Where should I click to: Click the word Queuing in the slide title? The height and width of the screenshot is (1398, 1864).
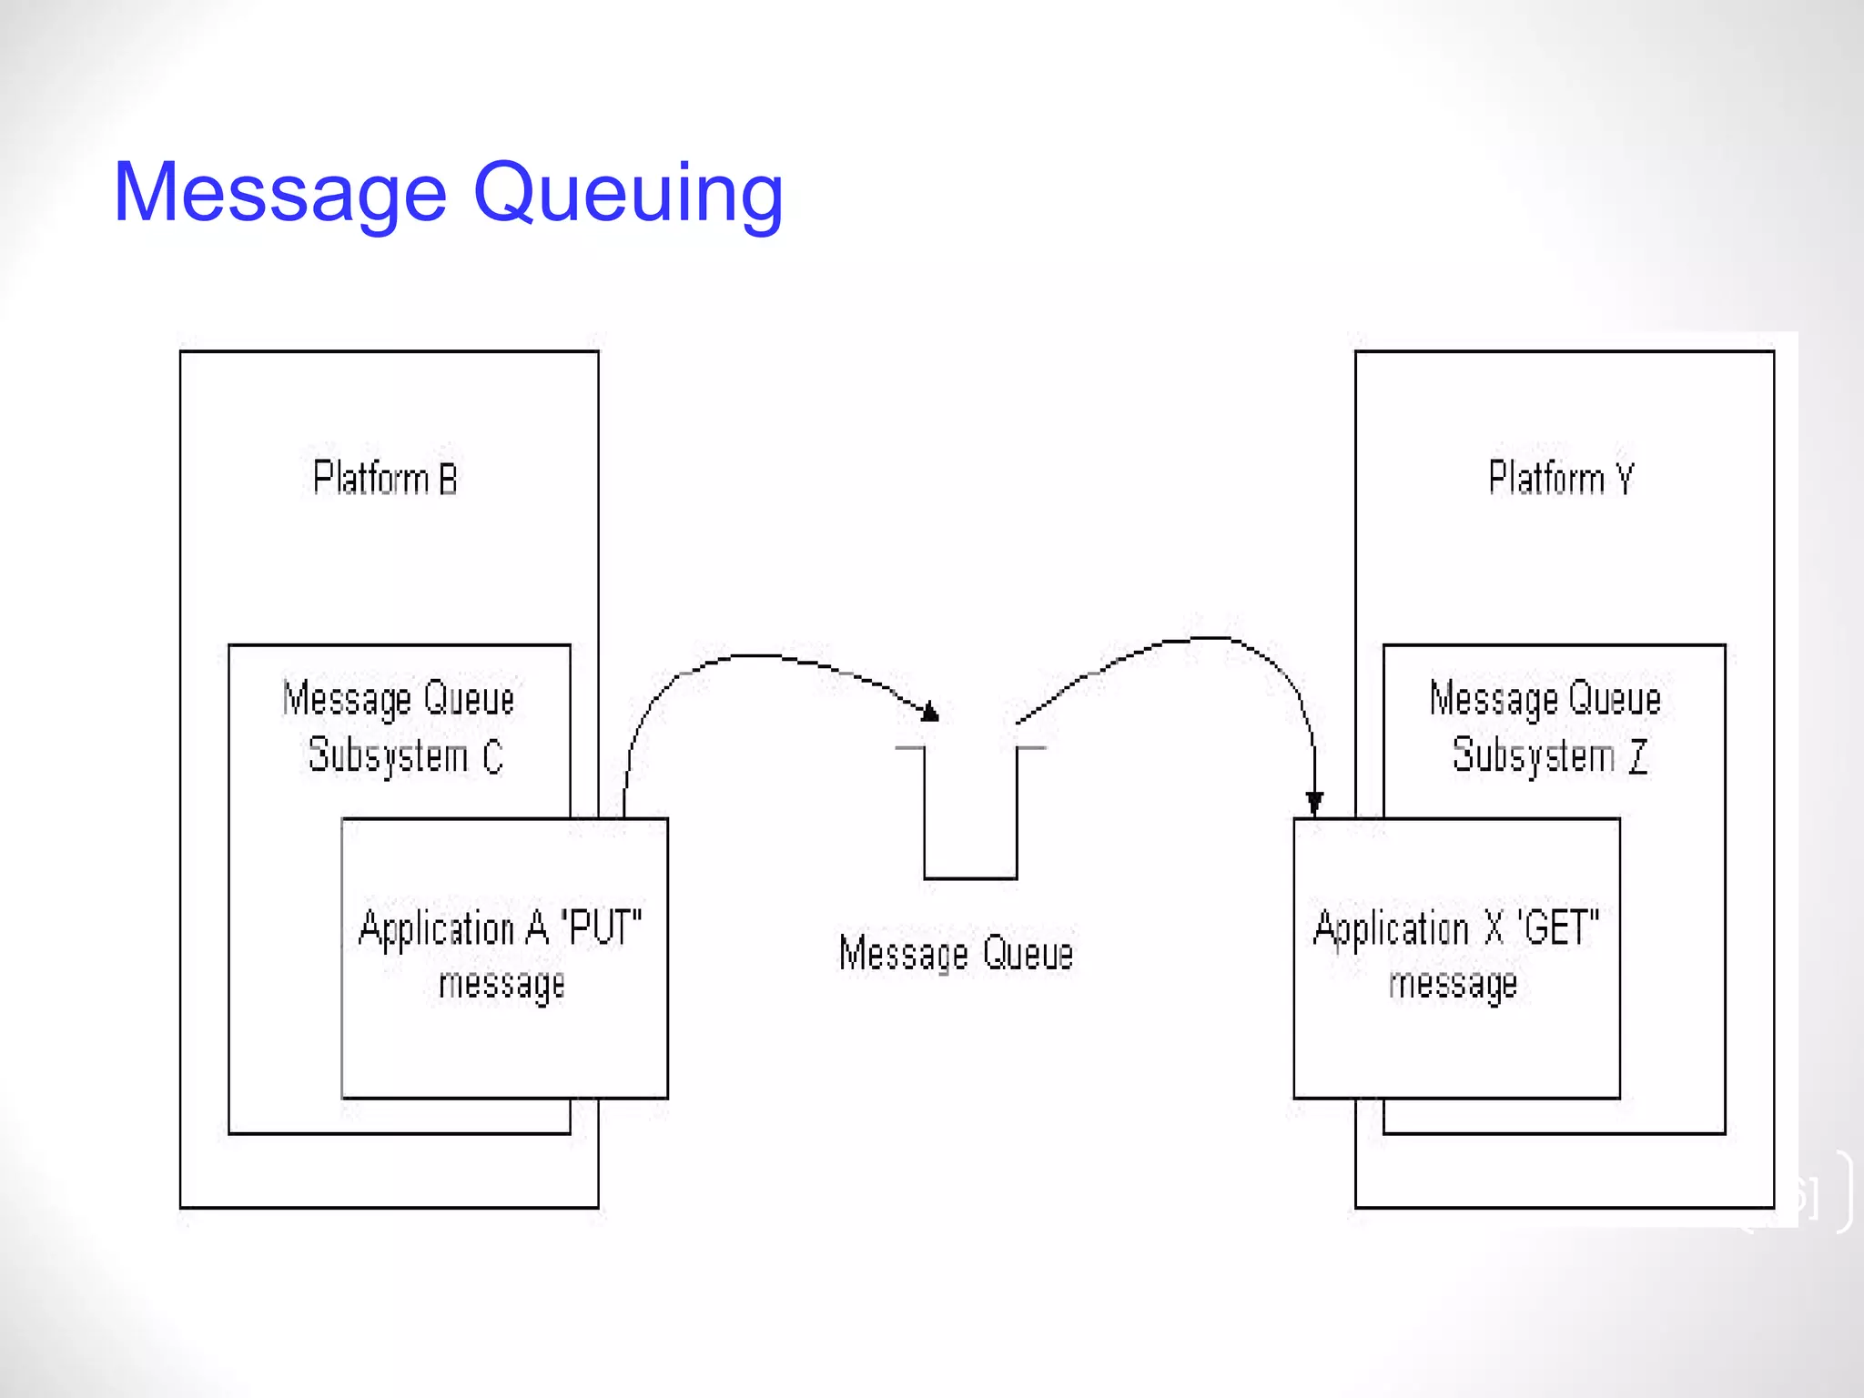click(628, 193)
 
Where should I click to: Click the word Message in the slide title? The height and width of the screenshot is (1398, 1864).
click(280, 193)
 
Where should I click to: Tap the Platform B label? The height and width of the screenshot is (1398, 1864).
click(385, 479)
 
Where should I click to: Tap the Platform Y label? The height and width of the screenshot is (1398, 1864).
click(1561, 479)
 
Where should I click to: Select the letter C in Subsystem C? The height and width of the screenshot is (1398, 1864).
click(492, 756)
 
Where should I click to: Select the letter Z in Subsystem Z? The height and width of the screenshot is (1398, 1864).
click(1638, 756)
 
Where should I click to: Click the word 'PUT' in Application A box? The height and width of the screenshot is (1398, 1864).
click(602, 928)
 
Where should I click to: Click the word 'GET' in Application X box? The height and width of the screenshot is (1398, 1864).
click(1558, 928)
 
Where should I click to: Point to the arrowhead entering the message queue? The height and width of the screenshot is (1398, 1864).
click(929, 712)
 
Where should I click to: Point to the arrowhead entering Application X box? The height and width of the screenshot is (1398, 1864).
click(1314, 803)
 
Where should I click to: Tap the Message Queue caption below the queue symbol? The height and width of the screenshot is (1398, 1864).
click(956, 954)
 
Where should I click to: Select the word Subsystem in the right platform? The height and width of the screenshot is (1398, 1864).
click(1534, 756)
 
